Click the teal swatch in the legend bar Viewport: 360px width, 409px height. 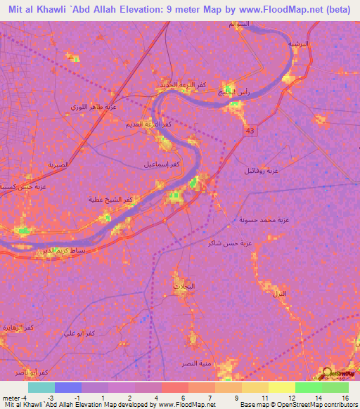pos(41,387)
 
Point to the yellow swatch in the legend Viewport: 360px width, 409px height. pos(281,387)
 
